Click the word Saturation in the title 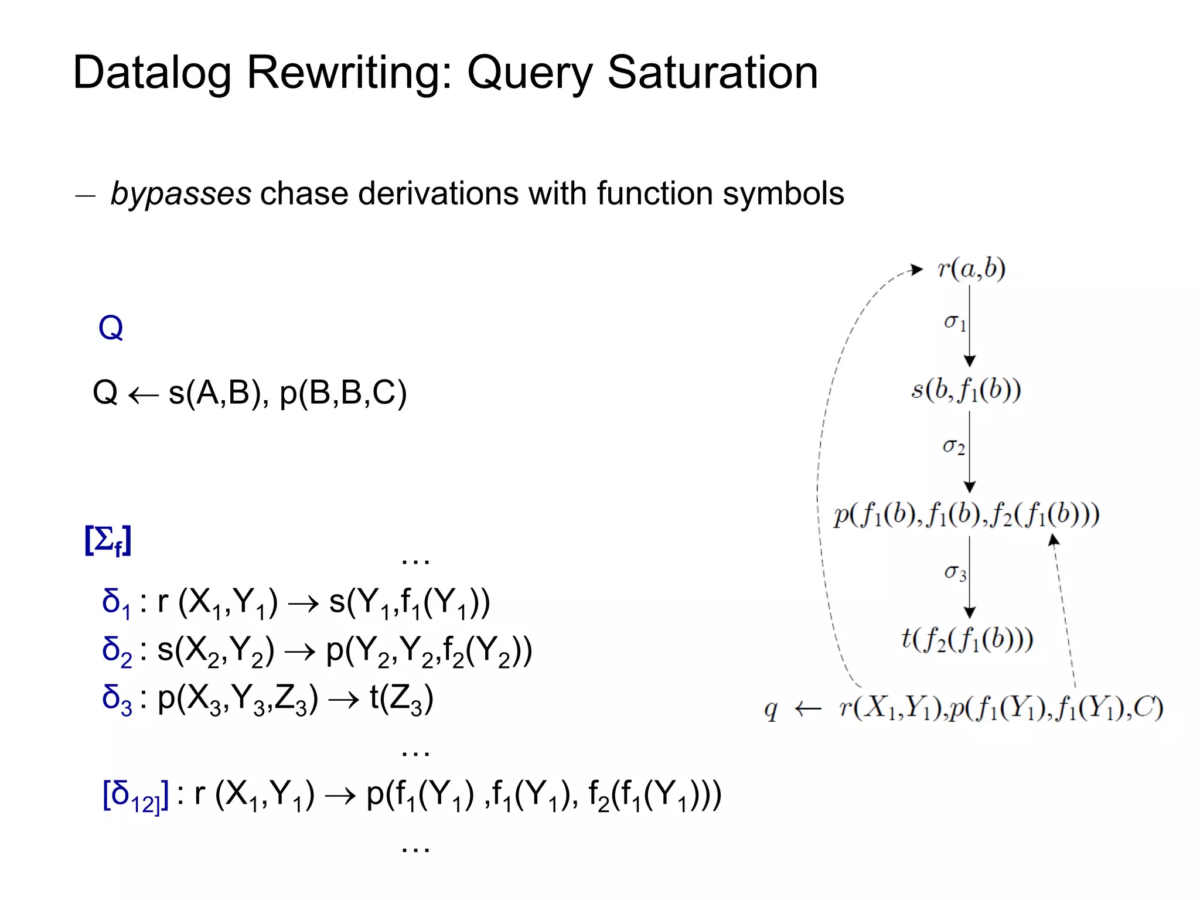[x=712, y=73]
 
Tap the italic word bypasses [x=181, y=194]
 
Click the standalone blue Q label [x=111, y=328]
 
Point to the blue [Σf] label [x=108, y=540]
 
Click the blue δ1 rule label [x=115, y=603]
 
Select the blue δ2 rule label [x=117, y=652]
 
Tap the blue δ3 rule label [x=117, y=700]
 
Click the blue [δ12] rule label [x=135, y=796]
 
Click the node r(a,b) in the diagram [x=971, y=269]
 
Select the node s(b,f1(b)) [x=966, y=390]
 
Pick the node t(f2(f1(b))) [x=967, y=639]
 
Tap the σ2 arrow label [x=953, y=447]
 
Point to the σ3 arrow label [x=955, y=572]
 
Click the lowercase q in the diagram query [x=771, y=710]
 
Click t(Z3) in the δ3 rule [x=401, y=698]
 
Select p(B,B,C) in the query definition [x=343, y=393]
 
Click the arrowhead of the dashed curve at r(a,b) [x=916, y=270]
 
